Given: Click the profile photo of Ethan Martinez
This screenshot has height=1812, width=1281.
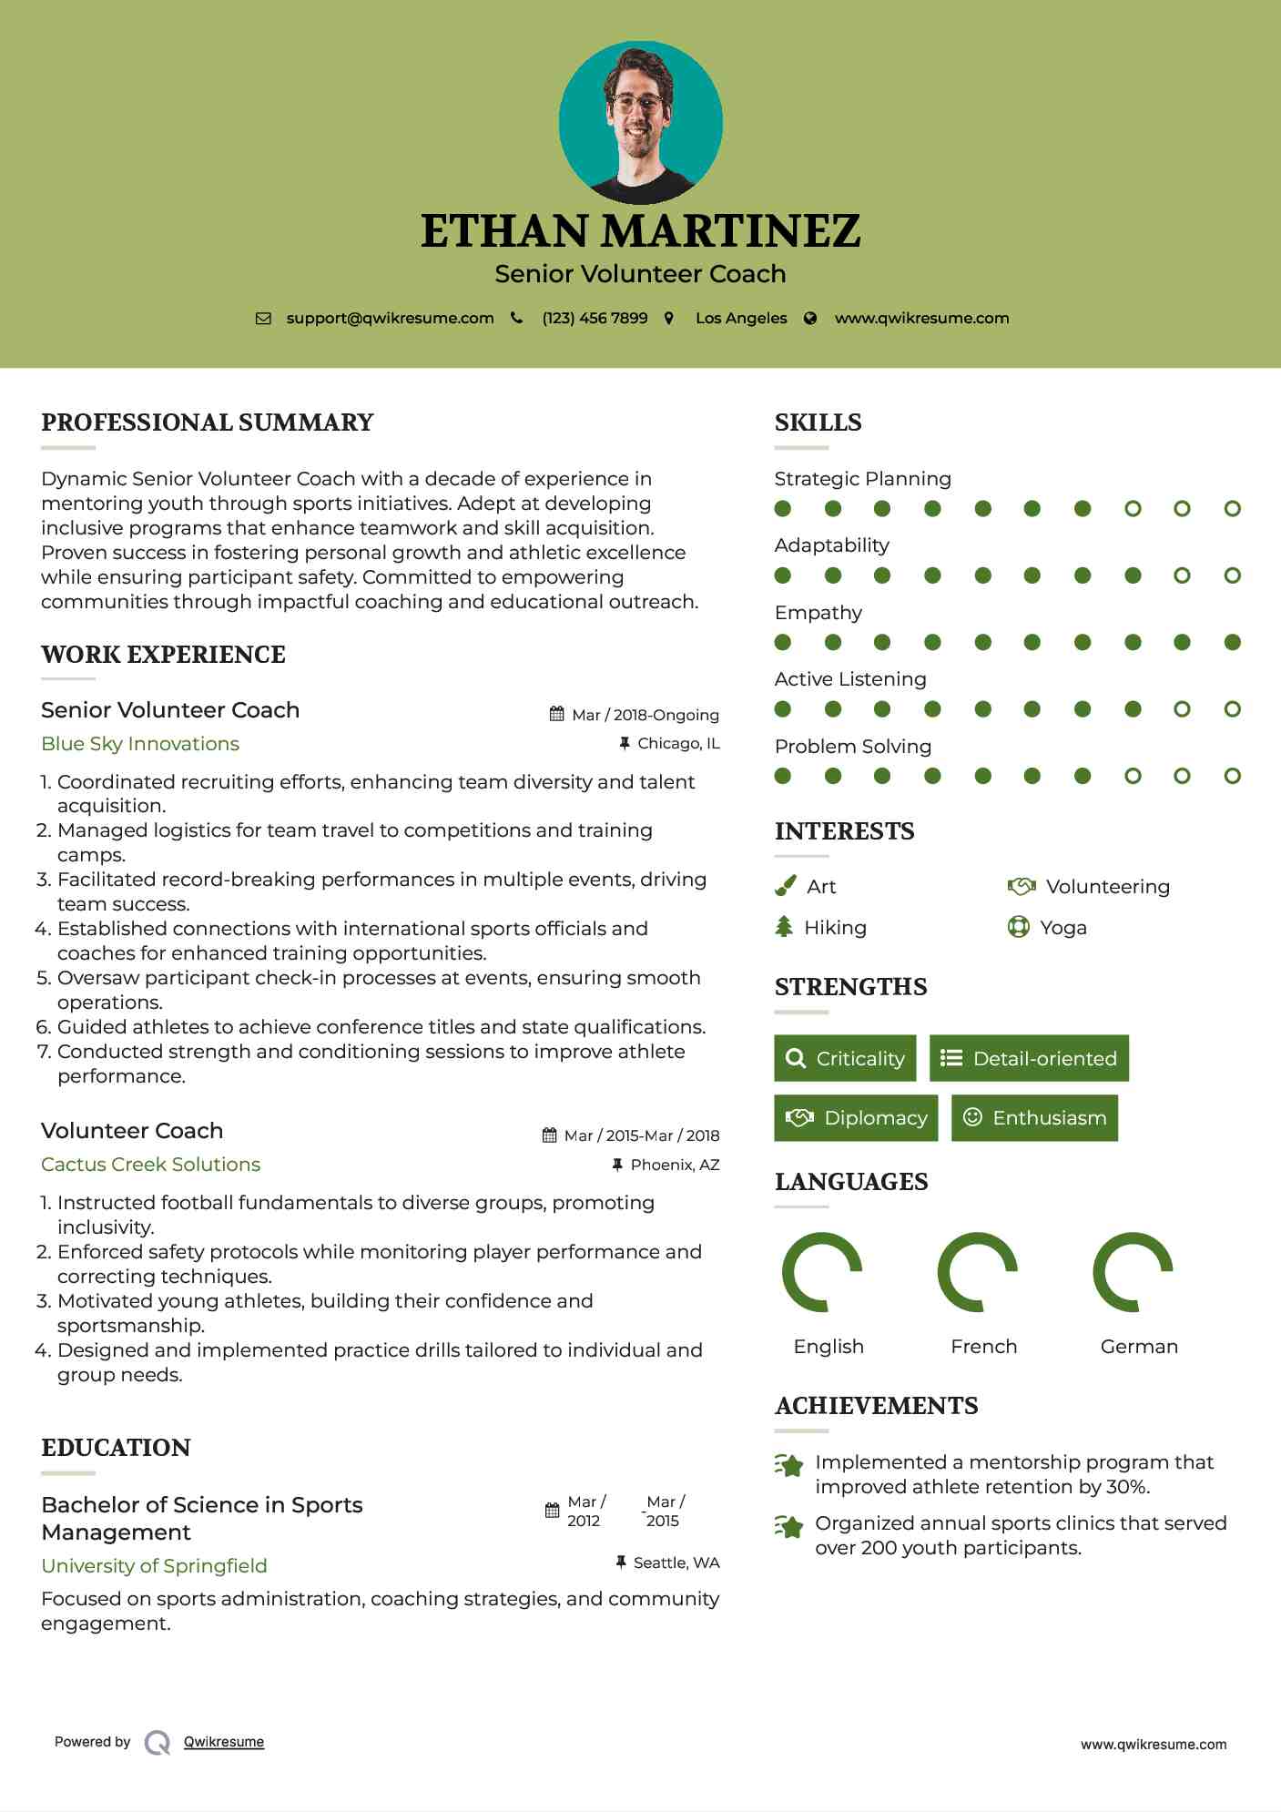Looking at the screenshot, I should click(x=640, y=122).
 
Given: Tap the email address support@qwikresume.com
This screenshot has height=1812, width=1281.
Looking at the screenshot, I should click(x=390, y=318).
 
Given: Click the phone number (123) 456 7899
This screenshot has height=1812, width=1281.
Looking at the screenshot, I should click(x=595, y=318).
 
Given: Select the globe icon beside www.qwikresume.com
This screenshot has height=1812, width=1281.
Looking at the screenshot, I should click(x=810, y=318).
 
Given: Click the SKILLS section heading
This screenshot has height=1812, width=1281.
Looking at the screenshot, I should click(x=818, y=422).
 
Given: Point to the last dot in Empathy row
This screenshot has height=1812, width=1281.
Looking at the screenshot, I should click(x=1232, y=642).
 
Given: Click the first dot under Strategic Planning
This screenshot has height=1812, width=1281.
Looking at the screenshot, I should click(x=783, y=508).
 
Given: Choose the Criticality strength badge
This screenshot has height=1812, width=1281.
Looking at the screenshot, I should click(x=845, y=1058).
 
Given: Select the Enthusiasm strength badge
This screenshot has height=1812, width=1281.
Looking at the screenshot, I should click(x=1034, y=1117).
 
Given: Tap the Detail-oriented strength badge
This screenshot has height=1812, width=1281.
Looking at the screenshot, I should click(x=1029, y=1058).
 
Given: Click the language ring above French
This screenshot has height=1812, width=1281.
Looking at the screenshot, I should click(x=978, y=1272).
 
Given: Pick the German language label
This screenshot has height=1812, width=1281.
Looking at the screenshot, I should click(x=1139, y=1346).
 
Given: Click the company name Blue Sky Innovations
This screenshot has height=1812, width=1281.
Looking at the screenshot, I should click(x=140, y=744).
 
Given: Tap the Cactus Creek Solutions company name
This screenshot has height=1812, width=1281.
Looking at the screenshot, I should click(x=150, y=1165).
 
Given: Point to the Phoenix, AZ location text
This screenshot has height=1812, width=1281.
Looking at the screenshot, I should click(x=675, y=1165).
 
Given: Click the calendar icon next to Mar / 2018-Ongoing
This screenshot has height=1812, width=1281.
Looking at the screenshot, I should click(x=557, y=714).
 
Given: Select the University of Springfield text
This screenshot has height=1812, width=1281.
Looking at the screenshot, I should click(x=154, y=1566).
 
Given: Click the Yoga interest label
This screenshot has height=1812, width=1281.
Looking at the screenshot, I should click(x=1062, y=928).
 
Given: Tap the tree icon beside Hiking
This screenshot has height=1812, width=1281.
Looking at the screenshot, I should click(x=784, y=927).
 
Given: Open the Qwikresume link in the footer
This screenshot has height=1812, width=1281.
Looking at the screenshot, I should click(x=224, y=1742).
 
